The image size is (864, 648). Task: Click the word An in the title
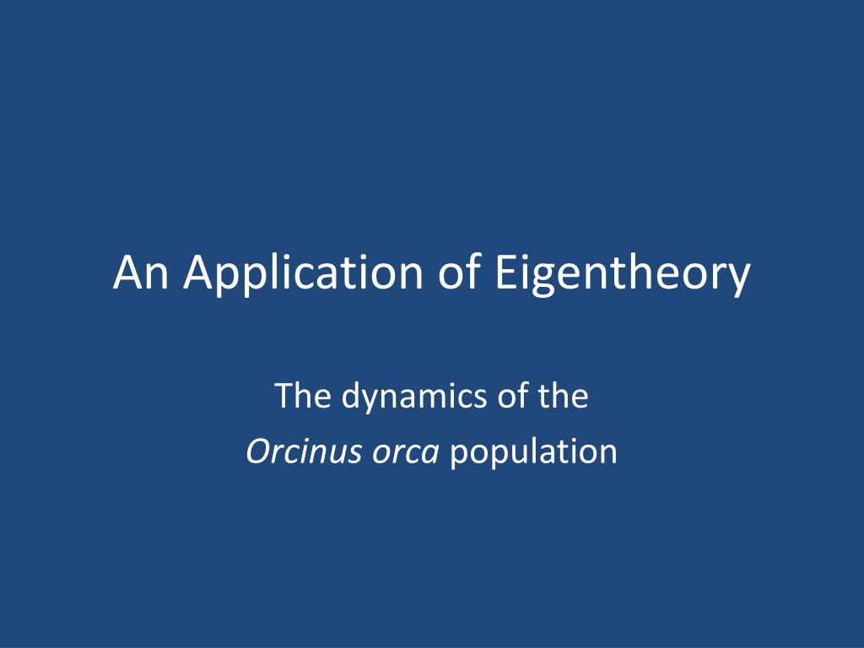click(x=141, y=272)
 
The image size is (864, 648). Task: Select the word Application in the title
click(x=303, y=274)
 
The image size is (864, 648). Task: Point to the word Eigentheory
click(x=624, y=274)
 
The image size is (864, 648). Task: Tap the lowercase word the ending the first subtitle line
click(x=563, y=395)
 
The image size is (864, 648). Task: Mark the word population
click(x=533, y=454)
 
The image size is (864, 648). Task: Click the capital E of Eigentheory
click(x=506, y=272)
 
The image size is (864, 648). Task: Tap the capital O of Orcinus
click(x=260, y=451)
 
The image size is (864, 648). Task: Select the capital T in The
click(x=284, y=396)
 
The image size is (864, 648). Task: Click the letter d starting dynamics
click(x=352, y=395)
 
